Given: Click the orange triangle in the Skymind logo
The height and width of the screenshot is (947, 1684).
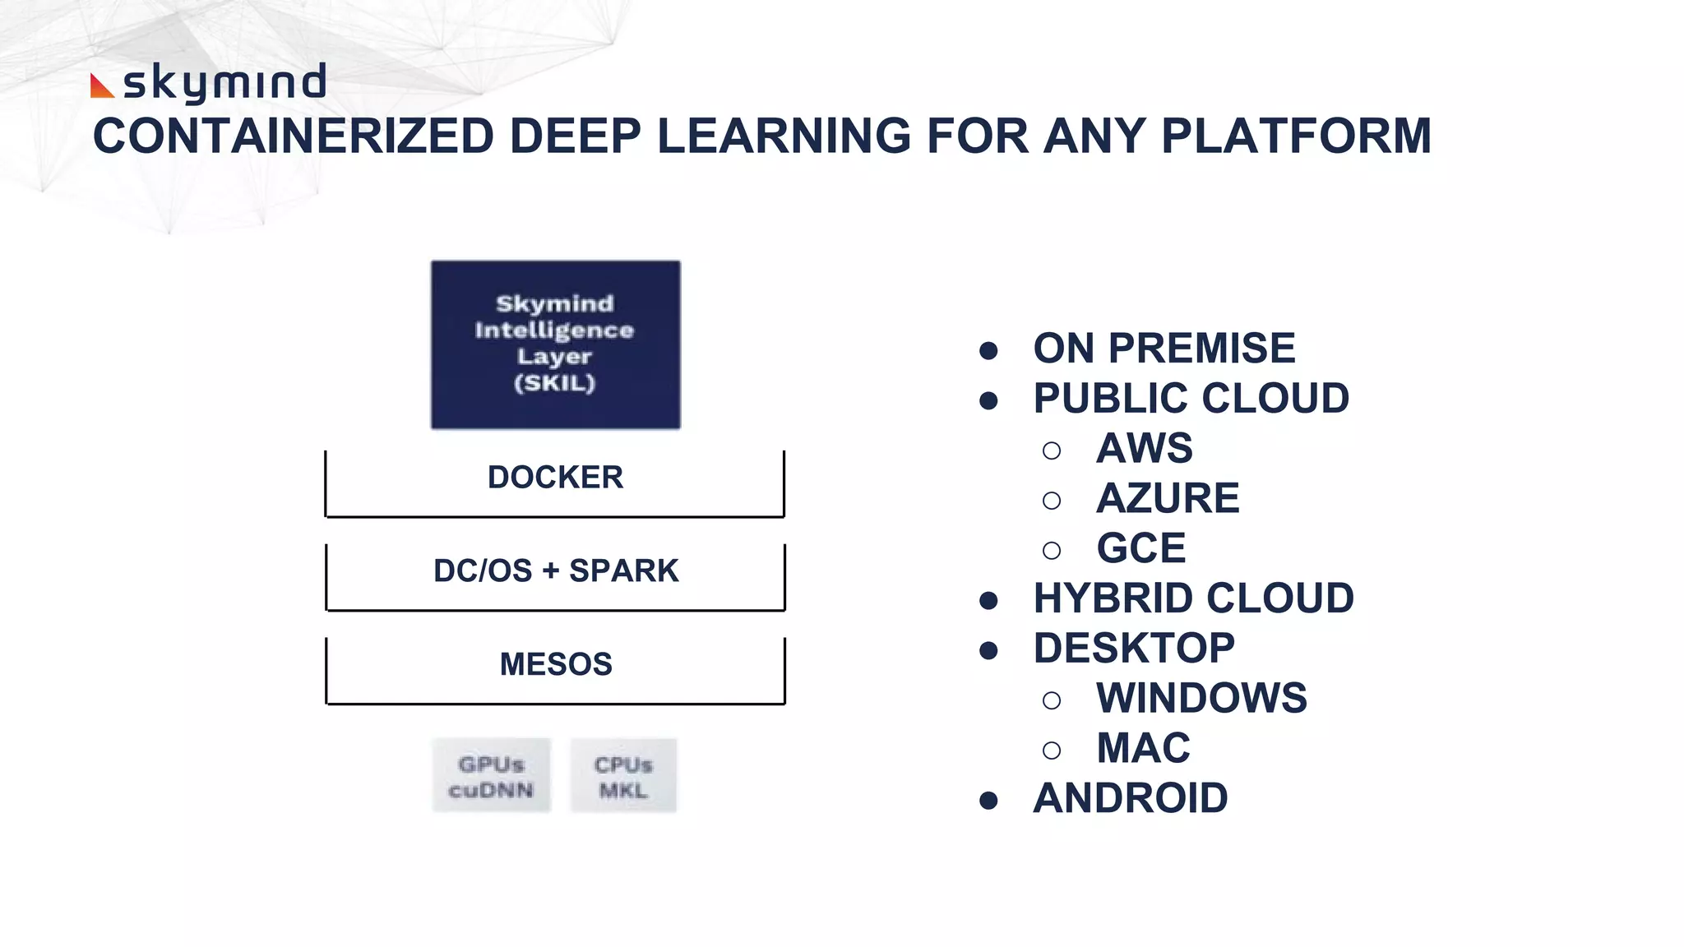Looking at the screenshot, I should tap(100, 87).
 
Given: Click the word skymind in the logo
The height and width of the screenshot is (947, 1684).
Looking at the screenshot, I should tap(224, 83).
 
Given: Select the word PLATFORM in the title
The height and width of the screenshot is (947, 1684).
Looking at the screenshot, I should tap(1296, 136).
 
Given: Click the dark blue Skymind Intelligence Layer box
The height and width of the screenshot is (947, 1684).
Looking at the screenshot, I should tap(555, 345).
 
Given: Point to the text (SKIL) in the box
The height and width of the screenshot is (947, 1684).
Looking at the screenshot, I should tap(554, 383).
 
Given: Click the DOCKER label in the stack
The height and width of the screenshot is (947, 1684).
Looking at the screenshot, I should tap(555, 478).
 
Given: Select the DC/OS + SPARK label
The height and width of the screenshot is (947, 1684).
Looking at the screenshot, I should tap(556, 571).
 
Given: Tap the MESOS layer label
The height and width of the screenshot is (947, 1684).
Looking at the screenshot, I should tap(556, 664).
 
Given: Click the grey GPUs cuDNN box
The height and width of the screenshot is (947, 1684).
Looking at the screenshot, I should tap(491, 776).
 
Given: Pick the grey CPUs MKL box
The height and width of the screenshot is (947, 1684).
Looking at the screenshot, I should tap(623, 776).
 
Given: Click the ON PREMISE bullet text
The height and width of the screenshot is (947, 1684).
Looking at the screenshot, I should tap(1164, 349).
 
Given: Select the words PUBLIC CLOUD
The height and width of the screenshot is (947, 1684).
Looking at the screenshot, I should tap(1191, 399).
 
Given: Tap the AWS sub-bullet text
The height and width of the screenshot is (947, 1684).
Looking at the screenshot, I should tap(1144, 449).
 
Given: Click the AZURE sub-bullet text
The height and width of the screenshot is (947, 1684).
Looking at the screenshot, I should tap(1167, 499).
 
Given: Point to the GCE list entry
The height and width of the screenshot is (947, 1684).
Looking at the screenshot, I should tap(1140, 549).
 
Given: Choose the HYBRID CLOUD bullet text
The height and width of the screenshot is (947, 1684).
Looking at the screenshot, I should tap(1193, 598).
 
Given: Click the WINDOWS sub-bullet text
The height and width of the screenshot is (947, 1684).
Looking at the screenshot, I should tap(1201, 699).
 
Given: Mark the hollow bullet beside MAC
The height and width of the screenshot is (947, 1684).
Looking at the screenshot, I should tap(1051, 751).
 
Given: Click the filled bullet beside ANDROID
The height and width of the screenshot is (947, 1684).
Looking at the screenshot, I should tap(988, 801).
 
